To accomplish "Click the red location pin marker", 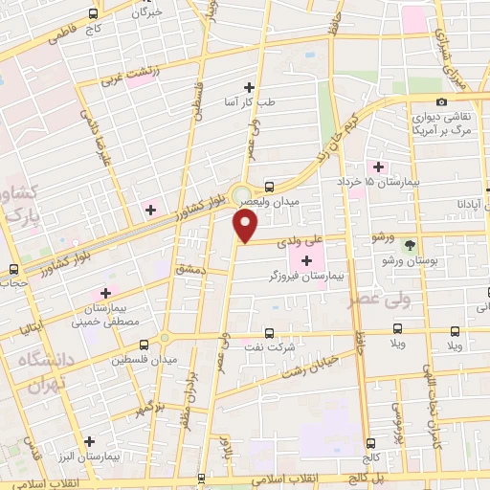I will [246, 226].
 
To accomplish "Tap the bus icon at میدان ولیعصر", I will [269, 187].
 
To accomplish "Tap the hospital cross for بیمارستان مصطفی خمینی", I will [105, 293].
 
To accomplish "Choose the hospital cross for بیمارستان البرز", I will [89, 441].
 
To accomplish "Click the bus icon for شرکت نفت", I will [268, 333].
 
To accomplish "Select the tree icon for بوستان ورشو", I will [410, 246].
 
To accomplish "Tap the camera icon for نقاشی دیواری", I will [441, 102].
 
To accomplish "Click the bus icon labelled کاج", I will [93, 14].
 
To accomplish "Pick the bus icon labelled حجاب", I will [12, 269].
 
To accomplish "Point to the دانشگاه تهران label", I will [37, 373].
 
